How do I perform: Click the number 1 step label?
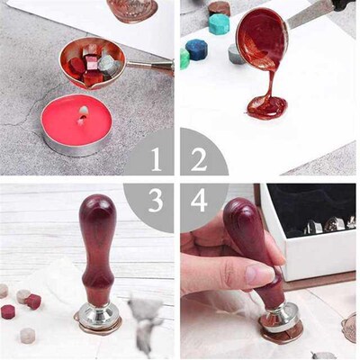157,160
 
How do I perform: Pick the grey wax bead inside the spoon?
109,64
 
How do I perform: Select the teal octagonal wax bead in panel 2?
220,19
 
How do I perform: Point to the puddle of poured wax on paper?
267,107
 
